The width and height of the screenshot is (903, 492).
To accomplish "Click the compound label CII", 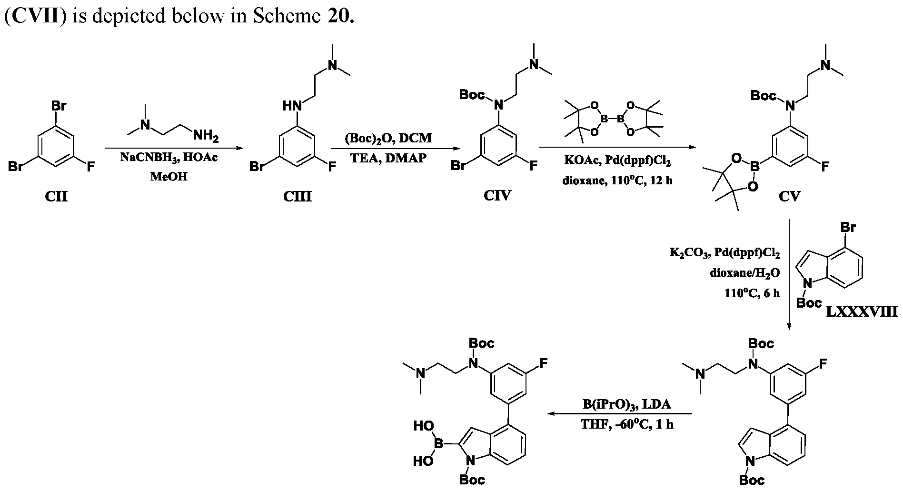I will coord(56,196).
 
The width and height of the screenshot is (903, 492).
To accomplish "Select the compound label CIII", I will coord(298,196).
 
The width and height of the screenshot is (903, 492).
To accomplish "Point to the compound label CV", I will coord(789,196).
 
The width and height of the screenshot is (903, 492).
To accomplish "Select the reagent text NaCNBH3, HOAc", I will coord(169,158).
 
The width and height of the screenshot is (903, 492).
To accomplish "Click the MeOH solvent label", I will coord(169,177).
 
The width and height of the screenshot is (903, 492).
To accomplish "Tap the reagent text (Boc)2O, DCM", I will coord(388,139).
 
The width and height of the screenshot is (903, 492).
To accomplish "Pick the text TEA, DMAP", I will coord(388,158).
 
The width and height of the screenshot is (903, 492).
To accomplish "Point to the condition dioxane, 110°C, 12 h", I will coord(617,181).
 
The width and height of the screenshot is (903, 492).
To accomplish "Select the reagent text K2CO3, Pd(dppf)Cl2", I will coord(724,254).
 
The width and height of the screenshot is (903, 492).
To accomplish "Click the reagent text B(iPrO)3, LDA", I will coord(626,405).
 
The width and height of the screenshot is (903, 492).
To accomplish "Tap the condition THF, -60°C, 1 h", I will coord(626,424).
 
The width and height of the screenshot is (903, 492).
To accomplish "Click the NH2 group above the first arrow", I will coord(206,137).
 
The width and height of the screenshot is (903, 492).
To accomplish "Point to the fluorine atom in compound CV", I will coord(824,166).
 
